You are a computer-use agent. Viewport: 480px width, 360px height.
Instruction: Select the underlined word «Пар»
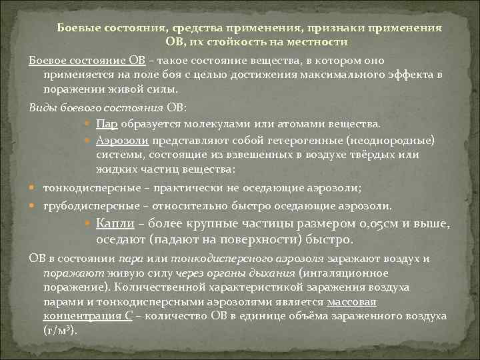click(x=107, y=123)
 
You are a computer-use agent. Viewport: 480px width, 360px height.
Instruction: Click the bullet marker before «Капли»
click(x=89, y=223)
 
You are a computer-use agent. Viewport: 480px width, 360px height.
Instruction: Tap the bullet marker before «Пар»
click(x=89, y=124)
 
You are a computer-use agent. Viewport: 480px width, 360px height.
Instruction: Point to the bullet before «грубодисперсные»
click(x=34, y=205)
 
